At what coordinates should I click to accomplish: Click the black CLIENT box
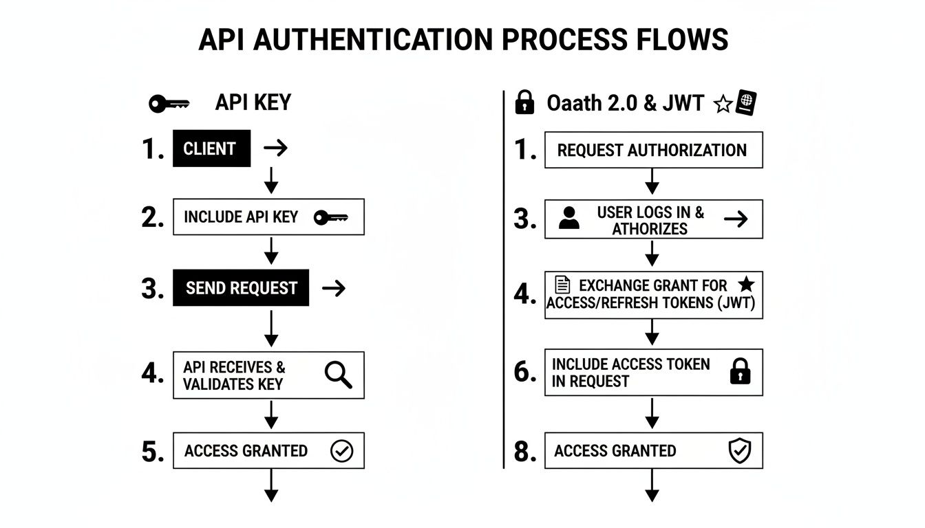point(211,148)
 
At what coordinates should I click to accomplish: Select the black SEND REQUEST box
point(241,288)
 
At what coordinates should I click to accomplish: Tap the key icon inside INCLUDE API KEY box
point(330,218)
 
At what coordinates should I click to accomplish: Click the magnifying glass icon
point(338,375)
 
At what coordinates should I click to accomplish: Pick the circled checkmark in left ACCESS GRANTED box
point(341,451)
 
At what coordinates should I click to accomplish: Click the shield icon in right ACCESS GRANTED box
point(740,451)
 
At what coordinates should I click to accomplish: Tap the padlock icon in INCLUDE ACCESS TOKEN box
point(740,373)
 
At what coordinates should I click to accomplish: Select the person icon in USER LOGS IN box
point(568,219)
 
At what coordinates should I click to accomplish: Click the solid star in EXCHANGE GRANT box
point(745,285)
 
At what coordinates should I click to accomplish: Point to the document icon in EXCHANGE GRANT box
point(562,285)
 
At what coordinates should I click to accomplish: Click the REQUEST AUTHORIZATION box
point(653,150)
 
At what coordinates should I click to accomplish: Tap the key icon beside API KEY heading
point(169,104)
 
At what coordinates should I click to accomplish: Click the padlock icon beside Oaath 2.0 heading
point(524,103)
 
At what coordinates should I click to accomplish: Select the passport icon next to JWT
point(746,103)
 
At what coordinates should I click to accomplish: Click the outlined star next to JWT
point(723,104)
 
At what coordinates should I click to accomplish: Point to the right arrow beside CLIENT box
point(275,148)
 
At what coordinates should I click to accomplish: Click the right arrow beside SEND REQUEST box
point(334,288)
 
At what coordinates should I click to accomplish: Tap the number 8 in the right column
point(524,452)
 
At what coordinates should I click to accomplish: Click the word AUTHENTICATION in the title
point(372,40)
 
